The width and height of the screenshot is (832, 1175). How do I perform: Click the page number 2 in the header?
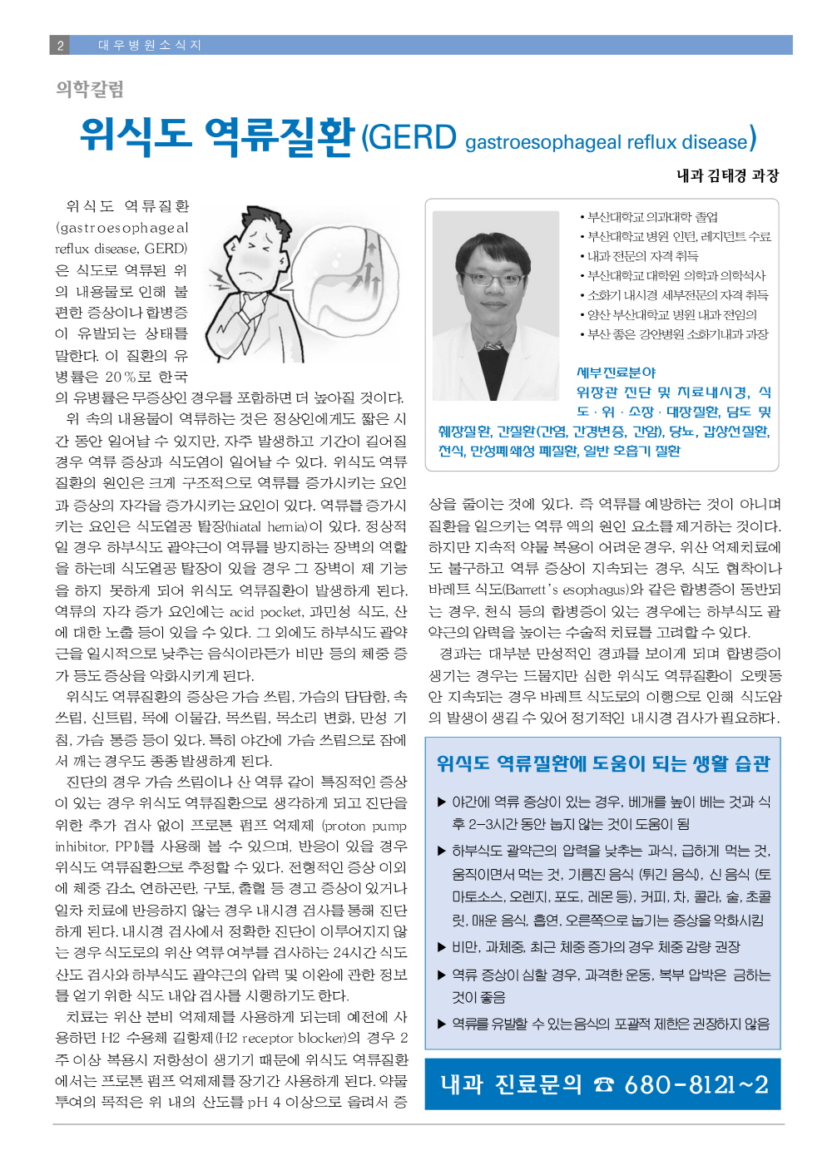(x=60, y=45)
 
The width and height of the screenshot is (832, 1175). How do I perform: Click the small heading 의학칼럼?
(x=90, y=88)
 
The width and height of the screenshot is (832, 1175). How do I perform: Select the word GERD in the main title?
(x=410, y=137)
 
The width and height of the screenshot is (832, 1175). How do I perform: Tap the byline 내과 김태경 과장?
(x=727, y=175)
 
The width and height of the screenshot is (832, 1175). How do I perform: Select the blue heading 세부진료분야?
(x=616, y=373)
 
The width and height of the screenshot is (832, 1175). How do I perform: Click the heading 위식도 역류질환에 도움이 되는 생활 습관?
(x=603, y=763)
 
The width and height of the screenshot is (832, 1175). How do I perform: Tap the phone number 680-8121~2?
(x=696, y=1084)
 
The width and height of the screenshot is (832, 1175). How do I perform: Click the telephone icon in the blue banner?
(x=603, y=1085)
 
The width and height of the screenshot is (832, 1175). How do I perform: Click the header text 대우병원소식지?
(x=150, y=45)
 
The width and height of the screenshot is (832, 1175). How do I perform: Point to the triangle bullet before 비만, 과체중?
(x=442, y=947)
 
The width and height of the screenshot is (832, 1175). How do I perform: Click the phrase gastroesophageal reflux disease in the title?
(x=606, y=142)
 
